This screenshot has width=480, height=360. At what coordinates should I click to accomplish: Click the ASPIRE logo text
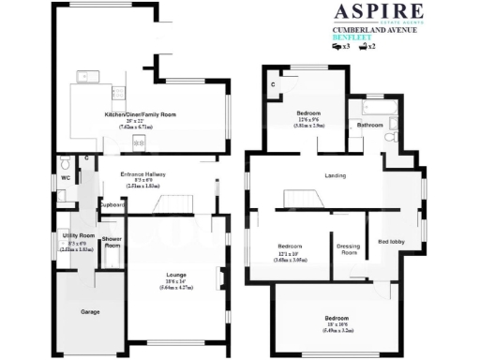point(378,11)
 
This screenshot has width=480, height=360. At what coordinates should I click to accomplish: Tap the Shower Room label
point(112,242)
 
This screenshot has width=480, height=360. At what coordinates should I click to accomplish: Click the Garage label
point(90,311)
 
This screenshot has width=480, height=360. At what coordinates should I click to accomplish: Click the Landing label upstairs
point(335,175)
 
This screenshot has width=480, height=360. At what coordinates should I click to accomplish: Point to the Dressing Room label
point(348,249)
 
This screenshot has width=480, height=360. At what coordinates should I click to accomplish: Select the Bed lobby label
point(391,242)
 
